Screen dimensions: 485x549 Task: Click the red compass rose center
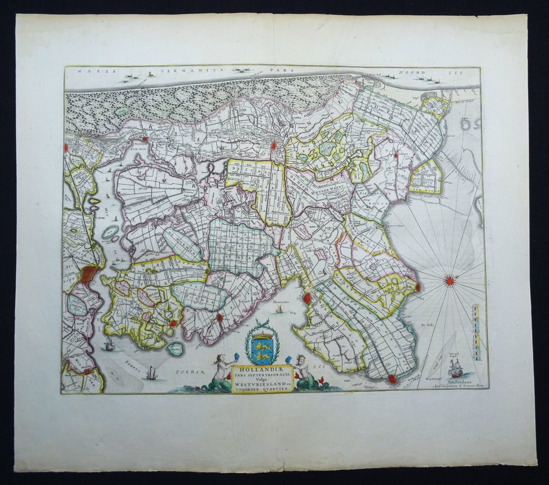448,280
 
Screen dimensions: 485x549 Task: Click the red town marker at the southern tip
391,380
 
